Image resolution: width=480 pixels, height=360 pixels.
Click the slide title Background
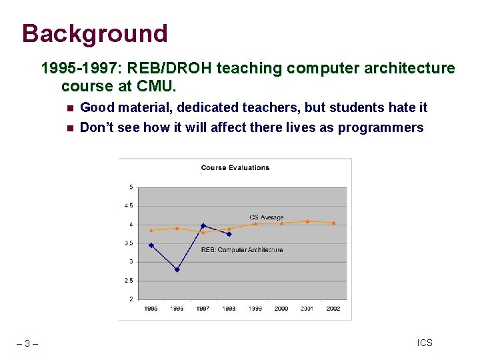click(94, 33)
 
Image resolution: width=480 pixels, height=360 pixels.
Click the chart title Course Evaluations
click(235, 167)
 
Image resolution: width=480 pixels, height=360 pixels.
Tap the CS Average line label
click(266, 217)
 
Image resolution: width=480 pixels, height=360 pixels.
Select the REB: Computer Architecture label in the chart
click(241, 250)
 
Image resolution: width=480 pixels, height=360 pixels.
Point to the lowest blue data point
click(177, 270)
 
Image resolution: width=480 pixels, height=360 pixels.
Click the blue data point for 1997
click(203, 225)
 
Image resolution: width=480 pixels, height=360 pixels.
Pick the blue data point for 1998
click(229, 234)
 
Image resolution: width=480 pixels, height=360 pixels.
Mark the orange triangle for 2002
click(333, 223)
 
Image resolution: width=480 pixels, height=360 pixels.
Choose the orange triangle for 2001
click(307, 221)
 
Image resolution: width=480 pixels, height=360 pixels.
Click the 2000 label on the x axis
click(281, 309)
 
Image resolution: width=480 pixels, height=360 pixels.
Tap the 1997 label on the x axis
click(203, 309)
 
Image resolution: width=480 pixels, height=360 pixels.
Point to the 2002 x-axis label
click(333, 309)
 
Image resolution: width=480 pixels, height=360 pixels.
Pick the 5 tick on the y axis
click(131, 187)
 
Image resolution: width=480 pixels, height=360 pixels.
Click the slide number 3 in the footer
click(27, 343)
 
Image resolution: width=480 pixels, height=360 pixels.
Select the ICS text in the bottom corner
click(425, 343)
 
